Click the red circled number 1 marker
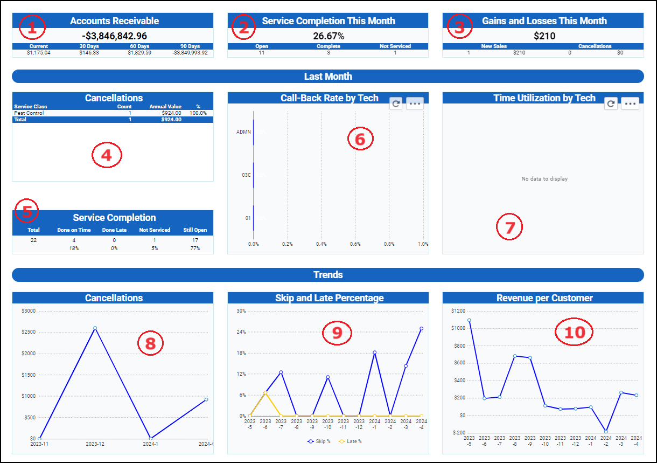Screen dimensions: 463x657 pos(32,27)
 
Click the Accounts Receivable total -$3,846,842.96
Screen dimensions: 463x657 pos(113,36)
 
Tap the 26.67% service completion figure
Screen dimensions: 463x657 pos(328,36)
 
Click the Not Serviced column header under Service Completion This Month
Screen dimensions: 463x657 pos(395,46)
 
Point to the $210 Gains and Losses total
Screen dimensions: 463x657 pos(544,36)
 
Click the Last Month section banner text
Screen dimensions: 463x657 pos(328,77)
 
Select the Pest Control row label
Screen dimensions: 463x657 pos(29,113)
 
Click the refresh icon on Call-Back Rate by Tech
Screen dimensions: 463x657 pos(396,103)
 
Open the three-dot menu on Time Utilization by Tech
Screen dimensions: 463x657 pos(630,103)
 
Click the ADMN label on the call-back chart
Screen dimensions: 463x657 pos(243,132)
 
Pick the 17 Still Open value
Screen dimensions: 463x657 pos(194,240)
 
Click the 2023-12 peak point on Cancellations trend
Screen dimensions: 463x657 pos(95,328)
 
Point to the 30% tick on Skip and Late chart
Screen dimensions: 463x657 pos(241,310)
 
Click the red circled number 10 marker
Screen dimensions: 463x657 pos(574,333)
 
